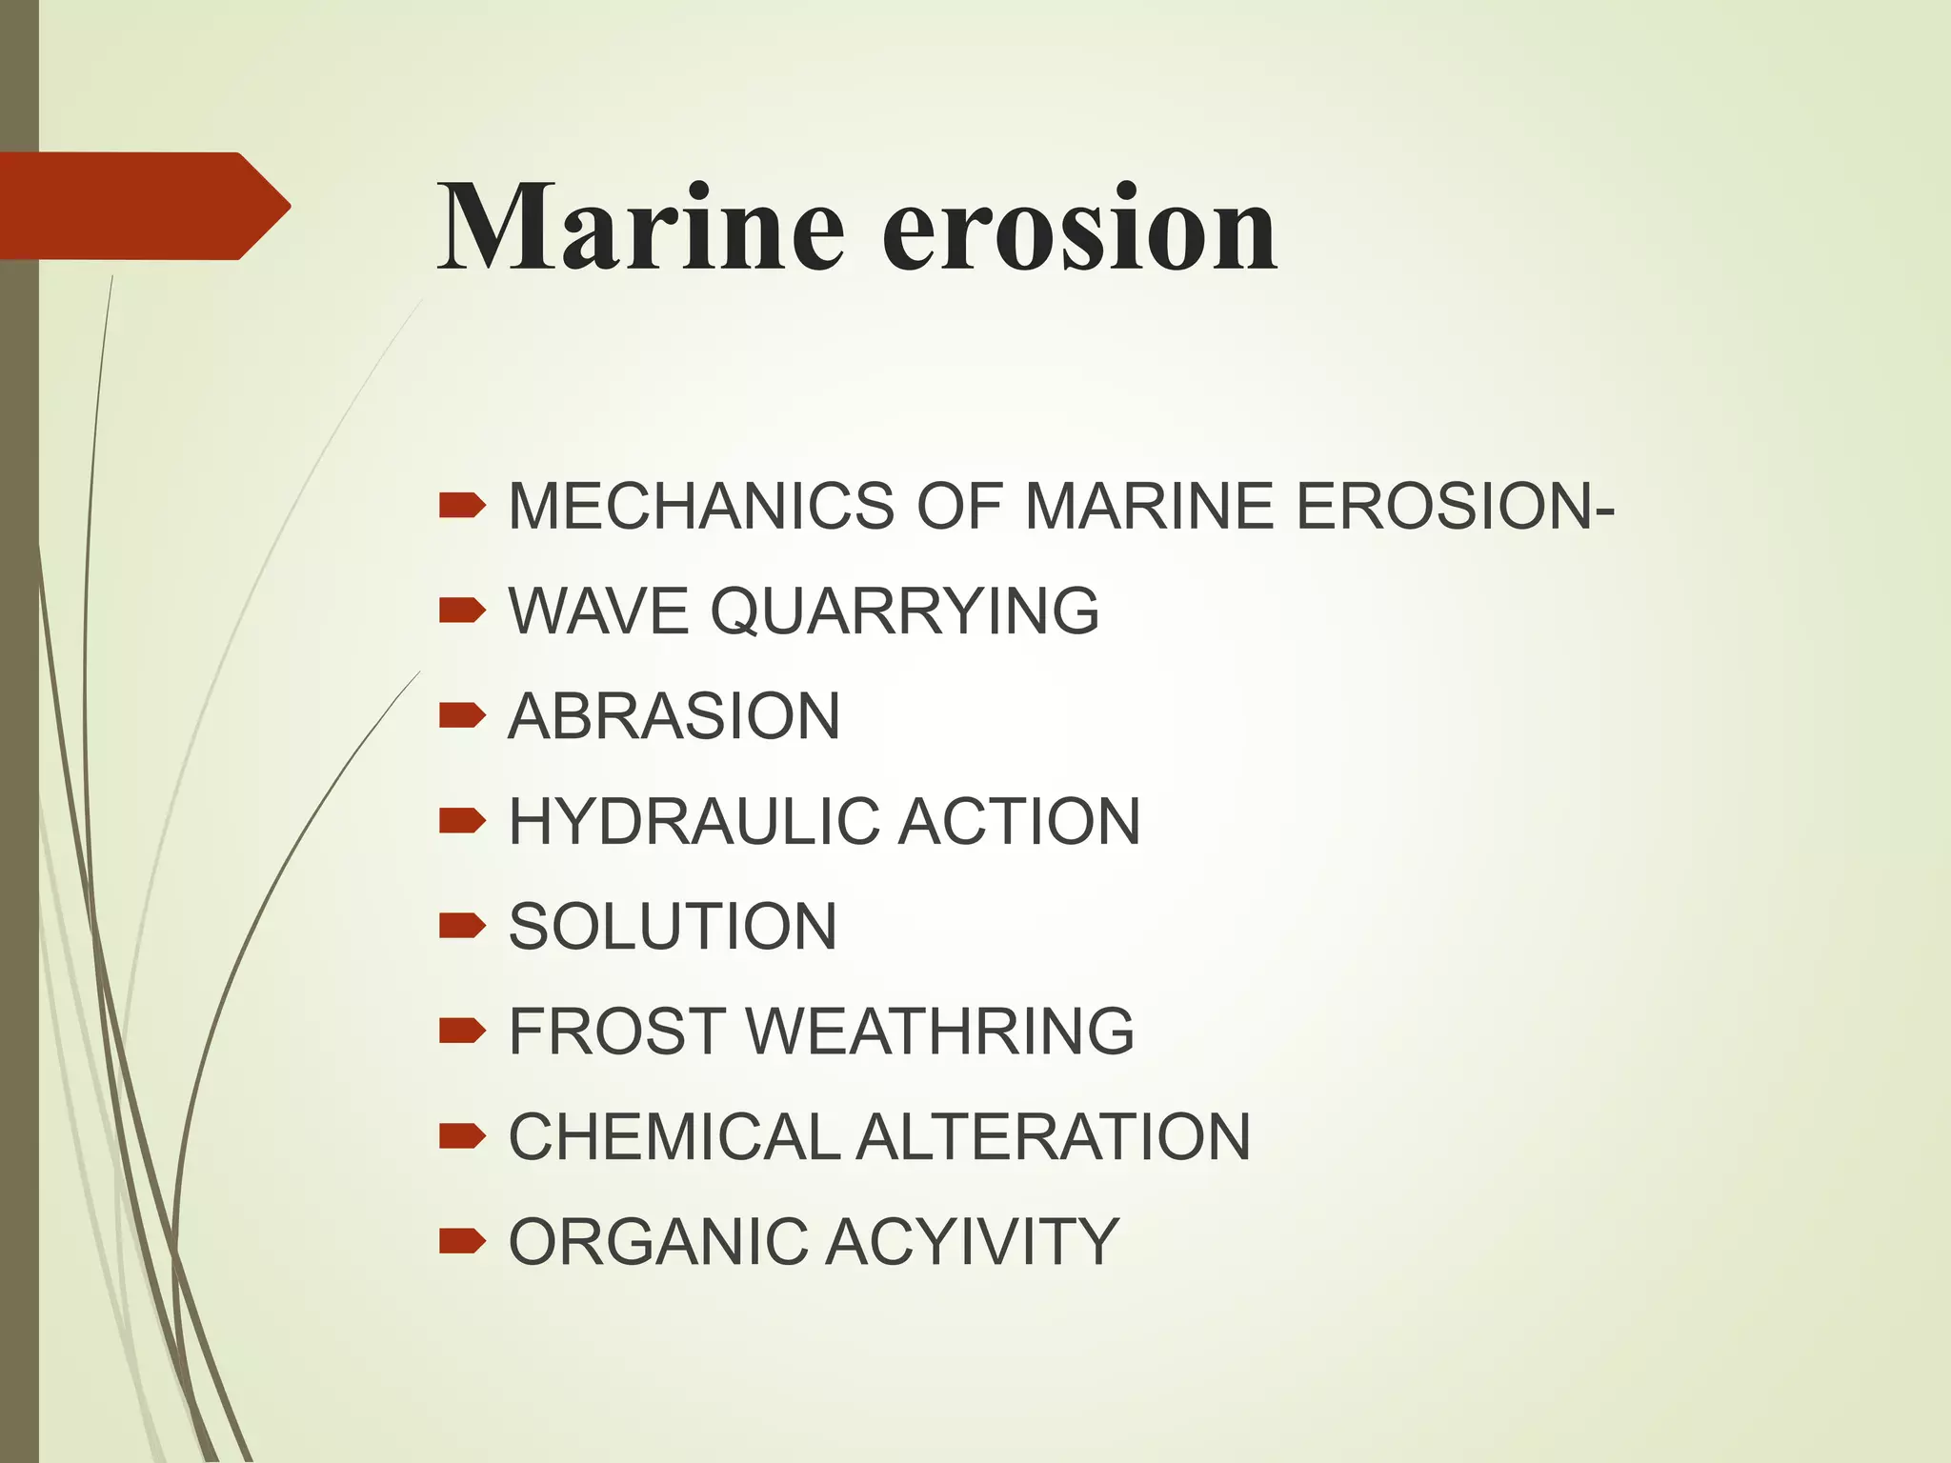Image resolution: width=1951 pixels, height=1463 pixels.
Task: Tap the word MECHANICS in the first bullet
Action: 701,506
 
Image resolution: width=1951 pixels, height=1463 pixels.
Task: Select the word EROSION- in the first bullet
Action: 1455,506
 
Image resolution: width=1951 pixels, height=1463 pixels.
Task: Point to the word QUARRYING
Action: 904,611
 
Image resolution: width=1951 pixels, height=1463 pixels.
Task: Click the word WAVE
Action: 597,611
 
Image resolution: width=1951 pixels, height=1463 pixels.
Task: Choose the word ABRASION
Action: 674,716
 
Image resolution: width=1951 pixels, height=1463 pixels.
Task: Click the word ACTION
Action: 1018,821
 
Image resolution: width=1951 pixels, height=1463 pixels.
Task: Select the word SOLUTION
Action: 673,927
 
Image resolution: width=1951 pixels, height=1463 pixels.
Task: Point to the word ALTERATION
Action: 1053,1137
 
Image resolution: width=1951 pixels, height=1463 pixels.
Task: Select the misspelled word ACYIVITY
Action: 972,1242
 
